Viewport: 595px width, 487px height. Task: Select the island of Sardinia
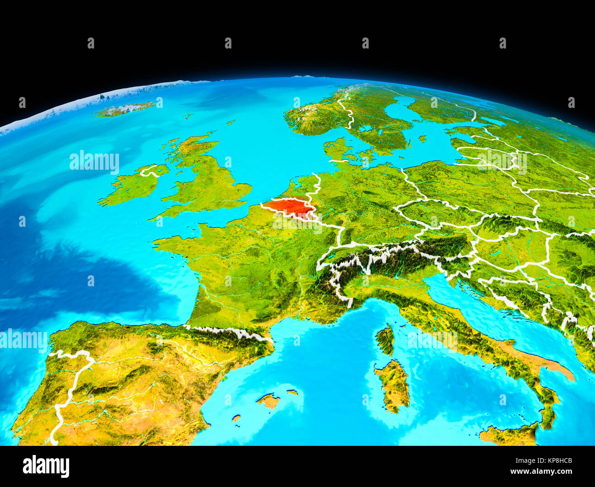coord(393,384)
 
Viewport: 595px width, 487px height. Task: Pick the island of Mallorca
coord(269,401)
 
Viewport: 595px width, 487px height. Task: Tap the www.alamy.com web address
coord(541,471)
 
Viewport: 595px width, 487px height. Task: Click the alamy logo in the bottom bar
coord(46,466)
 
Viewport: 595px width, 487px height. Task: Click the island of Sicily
coord(508,434)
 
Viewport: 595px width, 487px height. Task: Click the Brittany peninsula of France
coord(172,242)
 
